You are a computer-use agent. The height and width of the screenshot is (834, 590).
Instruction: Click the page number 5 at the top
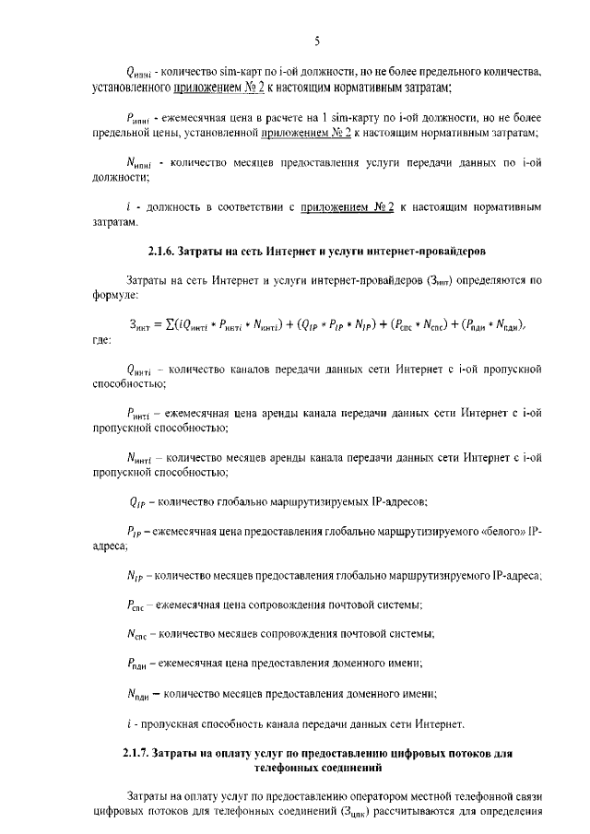[x=316, y=41]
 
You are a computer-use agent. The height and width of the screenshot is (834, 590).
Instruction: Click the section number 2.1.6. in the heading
[x=165, y=251]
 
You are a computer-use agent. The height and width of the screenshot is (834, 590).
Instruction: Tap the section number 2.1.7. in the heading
[x=142, y=753]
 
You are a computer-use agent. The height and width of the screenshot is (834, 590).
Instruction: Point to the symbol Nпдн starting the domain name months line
[x=138, y=693]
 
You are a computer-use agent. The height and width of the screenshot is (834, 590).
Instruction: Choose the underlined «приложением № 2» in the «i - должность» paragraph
[x=347, y=207]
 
